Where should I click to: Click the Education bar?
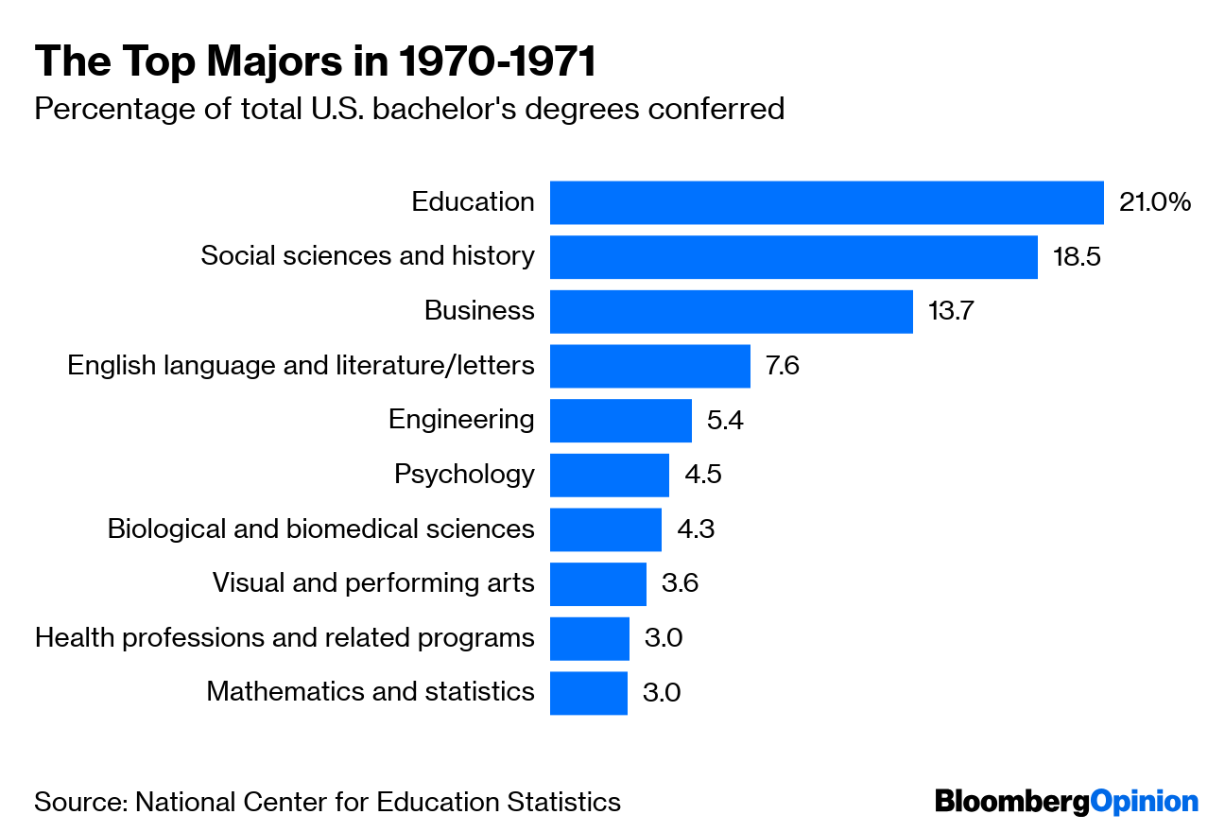coord(826,202)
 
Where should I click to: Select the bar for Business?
coord(731,311)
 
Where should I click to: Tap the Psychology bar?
coord(609,475)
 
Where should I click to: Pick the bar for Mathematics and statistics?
coord(588,693)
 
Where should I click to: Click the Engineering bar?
coord(620,420)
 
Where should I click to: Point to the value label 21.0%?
coord(1154,202)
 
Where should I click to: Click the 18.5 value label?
coord(1077,257)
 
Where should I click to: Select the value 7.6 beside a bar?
coord(782,366)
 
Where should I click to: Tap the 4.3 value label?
coord(695,529)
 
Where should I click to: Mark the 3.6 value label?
coord(680,583)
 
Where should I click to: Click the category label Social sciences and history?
coord(368,256)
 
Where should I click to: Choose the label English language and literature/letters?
coord(301,365)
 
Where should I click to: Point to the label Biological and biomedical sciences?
coord(320,529)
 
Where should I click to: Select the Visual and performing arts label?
coord(373,583)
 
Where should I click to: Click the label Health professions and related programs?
coord(285,638)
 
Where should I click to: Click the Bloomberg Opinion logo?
coord(1066,802)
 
